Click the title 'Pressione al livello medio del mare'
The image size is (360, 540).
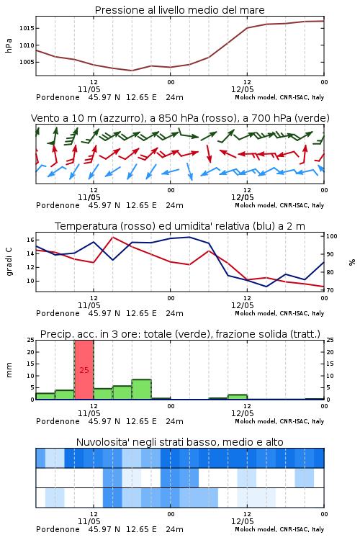[179, 10]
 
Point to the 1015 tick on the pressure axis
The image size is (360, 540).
[27, 28]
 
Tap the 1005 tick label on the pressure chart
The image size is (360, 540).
[27, 62]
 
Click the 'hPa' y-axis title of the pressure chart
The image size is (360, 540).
[9, 45]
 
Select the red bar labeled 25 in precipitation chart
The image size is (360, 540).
[84, 370]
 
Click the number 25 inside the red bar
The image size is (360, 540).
[84, 370]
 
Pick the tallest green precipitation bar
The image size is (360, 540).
[142, 390]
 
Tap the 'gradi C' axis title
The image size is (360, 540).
[9, 262]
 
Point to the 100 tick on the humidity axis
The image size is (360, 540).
[332, 236]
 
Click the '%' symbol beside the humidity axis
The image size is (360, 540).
[352, 262]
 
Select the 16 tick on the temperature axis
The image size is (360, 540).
[30, 240]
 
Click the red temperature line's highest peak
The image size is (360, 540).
[112, 237]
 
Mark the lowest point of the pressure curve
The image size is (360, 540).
[132, 71]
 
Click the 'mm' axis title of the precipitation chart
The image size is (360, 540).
[9, 370]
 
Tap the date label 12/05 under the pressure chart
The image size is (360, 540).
[242, 89]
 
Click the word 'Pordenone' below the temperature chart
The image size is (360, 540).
[58, 313]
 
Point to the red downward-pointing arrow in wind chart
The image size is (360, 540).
[208, 153]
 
